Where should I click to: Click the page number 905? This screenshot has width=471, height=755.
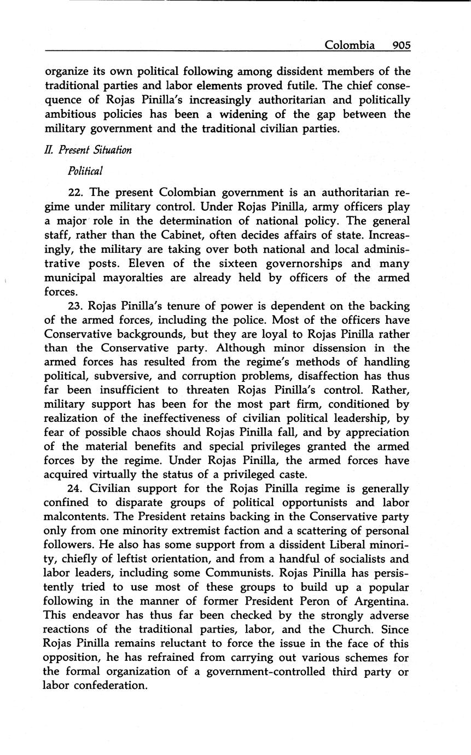(400, 45)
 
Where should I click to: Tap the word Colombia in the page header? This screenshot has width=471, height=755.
(350, 45)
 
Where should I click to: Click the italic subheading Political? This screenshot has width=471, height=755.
(85, 171)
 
